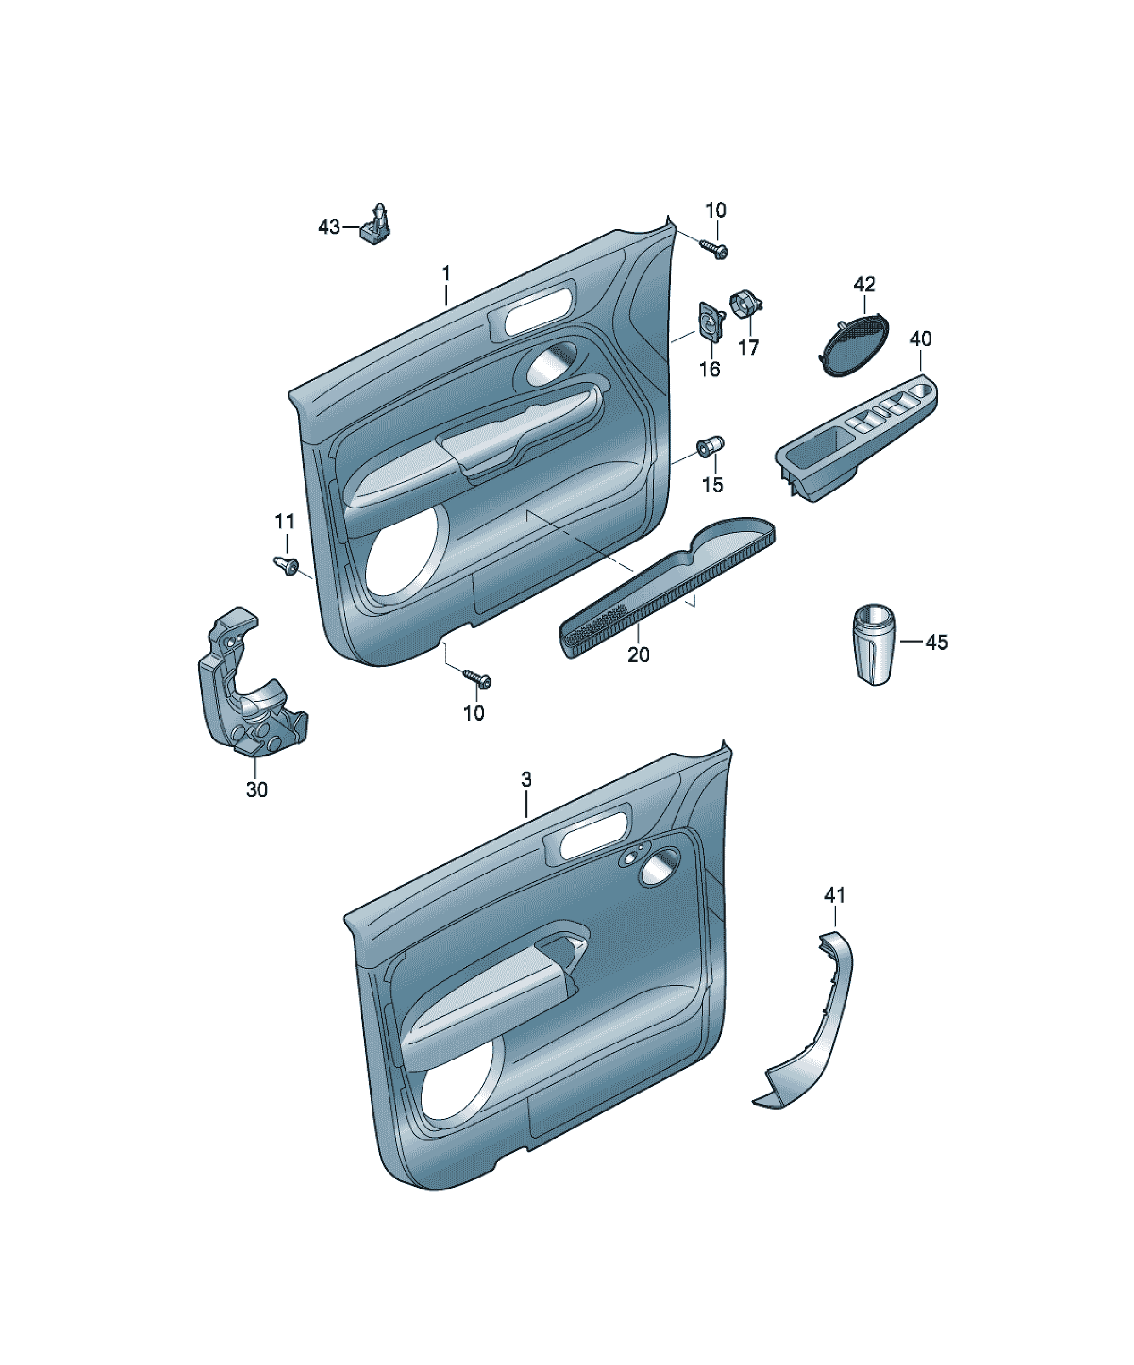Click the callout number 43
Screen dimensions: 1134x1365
point(329,227)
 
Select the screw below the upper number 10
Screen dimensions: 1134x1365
point(714,249)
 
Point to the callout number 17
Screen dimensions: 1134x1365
point(748,348)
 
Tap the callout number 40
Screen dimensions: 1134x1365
point(920,339)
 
